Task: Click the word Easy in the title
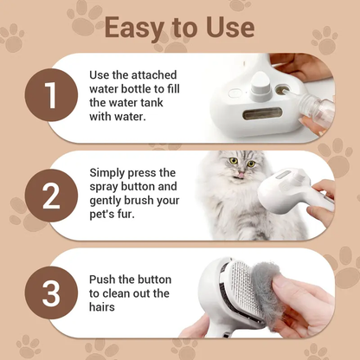pyautogui.click(x=138, y=28)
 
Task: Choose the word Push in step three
pyautogui.click(x=105, y=280)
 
